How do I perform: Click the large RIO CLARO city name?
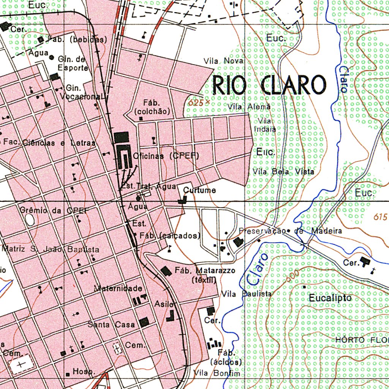click(x=269, y=85)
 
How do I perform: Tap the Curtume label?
click(x=200, y=190)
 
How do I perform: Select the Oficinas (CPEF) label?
click(x=166, y=156)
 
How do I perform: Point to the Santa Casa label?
click(x=111, y=324)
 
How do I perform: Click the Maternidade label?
click(x=118, y=288)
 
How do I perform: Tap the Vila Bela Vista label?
click(x=283, y=172)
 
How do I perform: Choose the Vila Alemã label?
click(x=250, y=107)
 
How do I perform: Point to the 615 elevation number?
click(x=380, y=217)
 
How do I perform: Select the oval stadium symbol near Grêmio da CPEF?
click(x=29, y=219)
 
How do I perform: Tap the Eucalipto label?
click(x=330, y=298)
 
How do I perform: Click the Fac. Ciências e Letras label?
click(x=49, y=143)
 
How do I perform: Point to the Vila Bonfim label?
click(x=217, y=373)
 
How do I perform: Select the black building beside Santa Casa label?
click(x=144, y=323)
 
